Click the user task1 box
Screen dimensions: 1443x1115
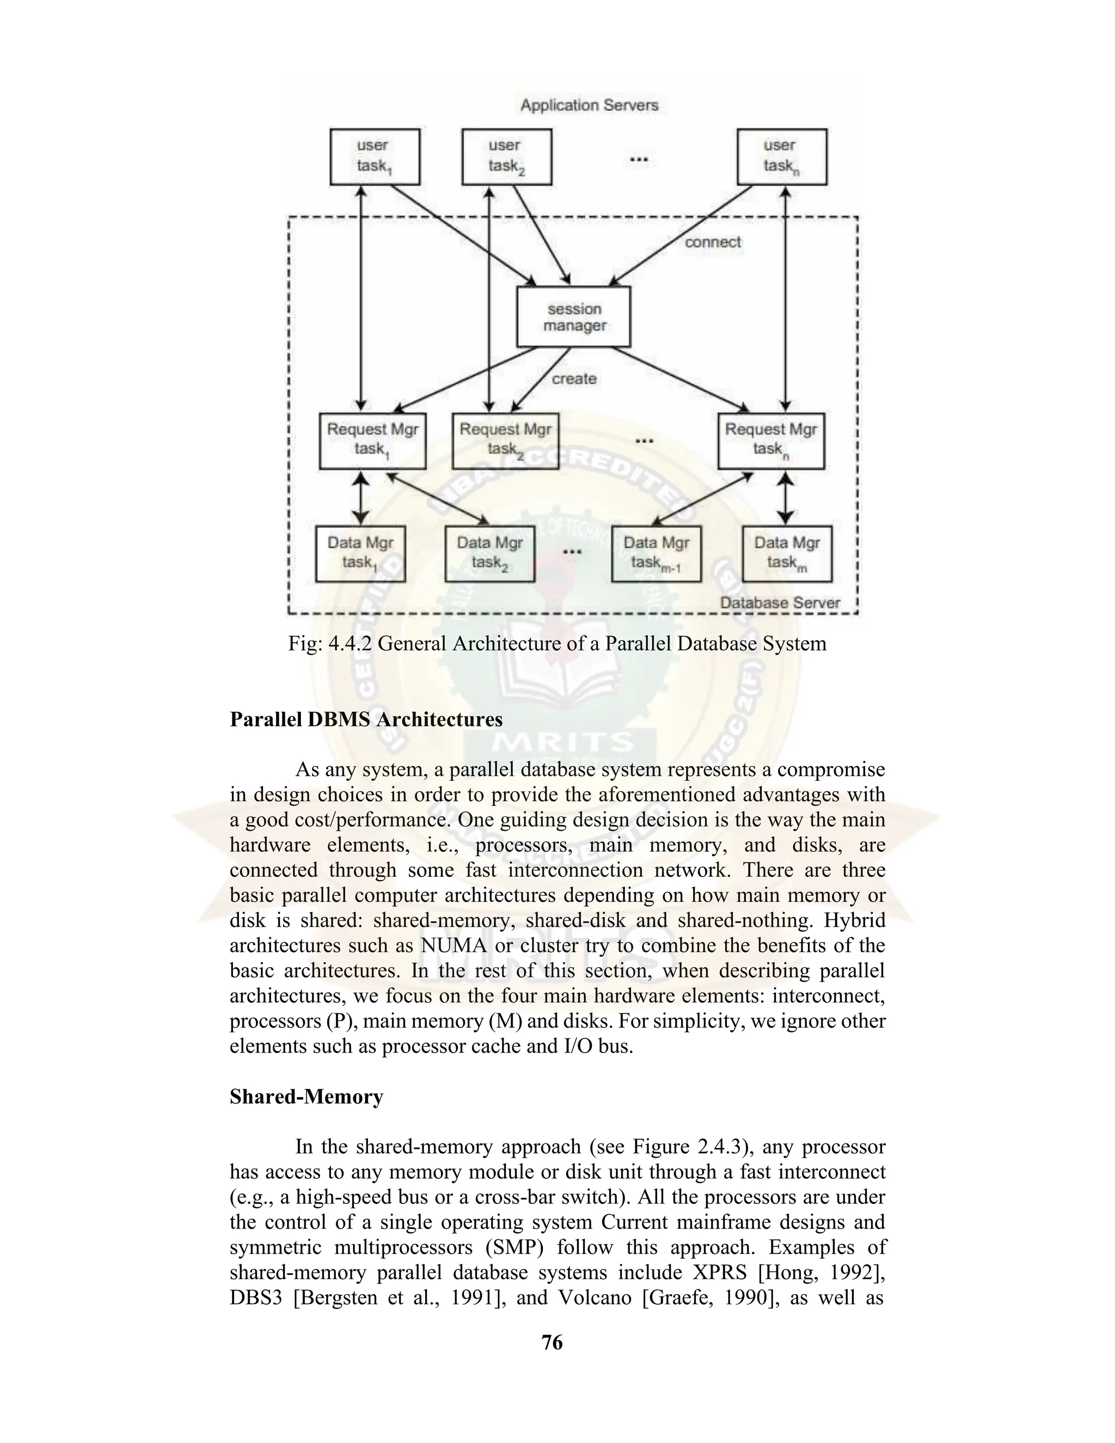pos(375,157)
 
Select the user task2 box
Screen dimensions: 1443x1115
pos(507,157)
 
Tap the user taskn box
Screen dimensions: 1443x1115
pos(781,157)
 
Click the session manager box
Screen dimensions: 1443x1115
pos(573,317)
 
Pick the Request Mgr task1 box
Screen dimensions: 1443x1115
pos(372,441)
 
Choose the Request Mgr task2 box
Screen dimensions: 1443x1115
pos(505,441)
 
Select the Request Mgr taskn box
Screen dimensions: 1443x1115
pos(771,441)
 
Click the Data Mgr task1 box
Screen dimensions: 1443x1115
pos(360,554)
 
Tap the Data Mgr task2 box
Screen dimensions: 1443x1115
pos(489,554)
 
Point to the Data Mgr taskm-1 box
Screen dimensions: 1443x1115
pos(656,554)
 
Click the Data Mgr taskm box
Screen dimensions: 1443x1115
pos(787,554)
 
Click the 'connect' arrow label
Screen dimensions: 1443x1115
pos(713,242)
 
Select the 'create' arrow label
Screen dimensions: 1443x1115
pos(574,379)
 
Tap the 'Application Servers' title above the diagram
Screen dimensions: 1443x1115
pos(589,105)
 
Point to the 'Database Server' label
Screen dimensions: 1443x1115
pos(780,603)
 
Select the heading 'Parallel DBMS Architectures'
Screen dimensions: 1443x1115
pos(366,719)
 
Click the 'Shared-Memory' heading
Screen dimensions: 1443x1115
pos(307,1097)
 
